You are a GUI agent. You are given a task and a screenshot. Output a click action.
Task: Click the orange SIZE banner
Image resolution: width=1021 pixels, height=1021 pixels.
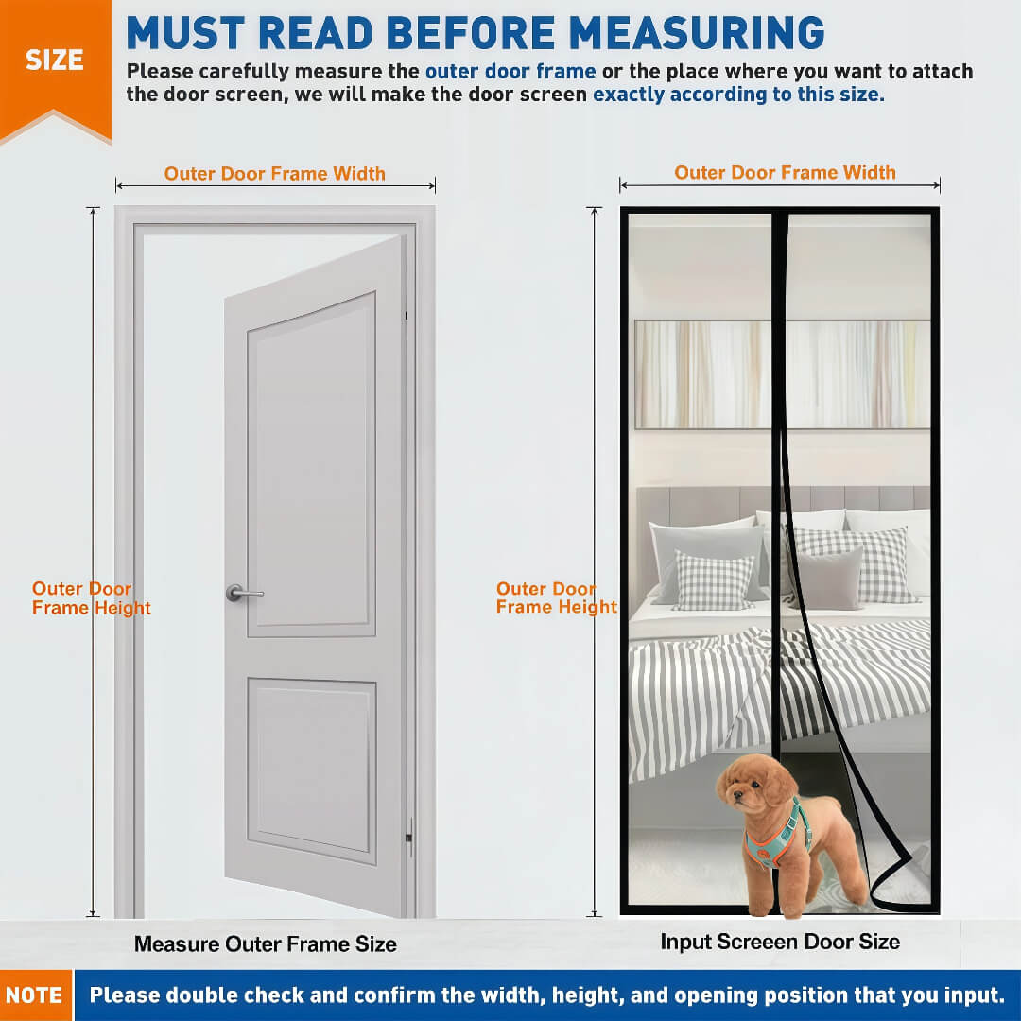coord(56,65)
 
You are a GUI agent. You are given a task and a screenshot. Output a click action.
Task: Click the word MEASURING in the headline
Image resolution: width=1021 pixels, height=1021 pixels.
coord(696,32)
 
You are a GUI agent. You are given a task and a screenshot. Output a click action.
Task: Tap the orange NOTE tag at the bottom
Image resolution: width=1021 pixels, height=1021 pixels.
coord(35,995)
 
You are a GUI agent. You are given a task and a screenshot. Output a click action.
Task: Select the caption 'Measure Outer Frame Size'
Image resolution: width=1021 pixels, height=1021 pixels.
coord(266,944)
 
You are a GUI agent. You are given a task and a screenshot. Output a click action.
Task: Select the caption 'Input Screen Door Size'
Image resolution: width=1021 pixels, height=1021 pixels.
coord(780,942)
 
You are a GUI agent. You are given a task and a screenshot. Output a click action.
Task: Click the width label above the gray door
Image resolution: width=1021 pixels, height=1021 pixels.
coord(275,173)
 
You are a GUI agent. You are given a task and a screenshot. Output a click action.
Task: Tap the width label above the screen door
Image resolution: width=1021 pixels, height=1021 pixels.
coord(785,172)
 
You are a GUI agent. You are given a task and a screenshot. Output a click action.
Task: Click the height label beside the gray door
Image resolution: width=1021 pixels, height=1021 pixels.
coord(91,597)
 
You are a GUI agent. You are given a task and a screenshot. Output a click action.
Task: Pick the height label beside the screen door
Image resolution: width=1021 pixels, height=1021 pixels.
coord(557,597)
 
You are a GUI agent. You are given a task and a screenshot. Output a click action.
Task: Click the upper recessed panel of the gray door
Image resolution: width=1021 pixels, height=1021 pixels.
coord(312,464)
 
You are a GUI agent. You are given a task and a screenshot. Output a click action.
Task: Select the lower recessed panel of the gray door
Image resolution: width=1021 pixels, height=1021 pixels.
coord(312,770)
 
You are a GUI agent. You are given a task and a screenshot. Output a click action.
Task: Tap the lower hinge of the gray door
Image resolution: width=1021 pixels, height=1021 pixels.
coord(409,838)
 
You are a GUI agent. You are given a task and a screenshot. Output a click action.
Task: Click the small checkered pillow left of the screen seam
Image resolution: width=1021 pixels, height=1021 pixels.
coord(715,580)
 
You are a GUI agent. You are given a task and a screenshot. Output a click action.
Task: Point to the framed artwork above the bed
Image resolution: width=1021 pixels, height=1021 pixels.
coord(783,374)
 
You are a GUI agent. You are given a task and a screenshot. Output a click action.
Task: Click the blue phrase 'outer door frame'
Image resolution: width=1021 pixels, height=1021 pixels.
coord(510,71)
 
